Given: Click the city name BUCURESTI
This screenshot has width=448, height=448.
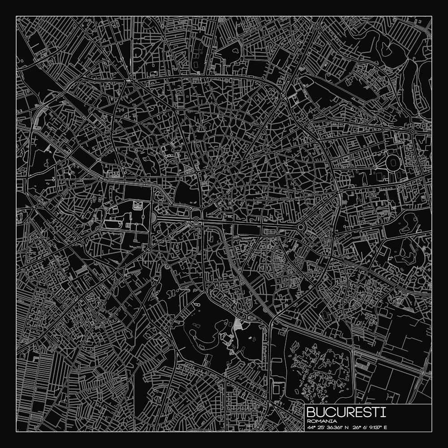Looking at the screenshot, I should click(x=346, y=412).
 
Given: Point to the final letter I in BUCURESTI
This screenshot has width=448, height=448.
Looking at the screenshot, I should click(x=383, y=412).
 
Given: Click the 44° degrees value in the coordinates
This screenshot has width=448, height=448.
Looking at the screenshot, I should click(x=311, y=427).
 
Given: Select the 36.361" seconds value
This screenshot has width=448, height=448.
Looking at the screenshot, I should click(x=336, y=427).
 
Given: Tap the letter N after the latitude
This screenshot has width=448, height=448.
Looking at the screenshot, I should click(x=349, y=427).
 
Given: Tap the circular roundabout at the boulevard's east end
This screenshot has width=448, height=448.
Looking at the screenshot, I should click(x=301, y=228).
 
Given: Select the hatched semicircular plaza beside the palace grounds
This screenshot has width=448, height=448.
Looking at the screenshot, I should click(x=154, y=218).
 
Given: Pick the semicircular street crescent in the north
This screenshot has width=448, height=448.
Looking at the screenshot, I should click(x=138, y=53).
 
